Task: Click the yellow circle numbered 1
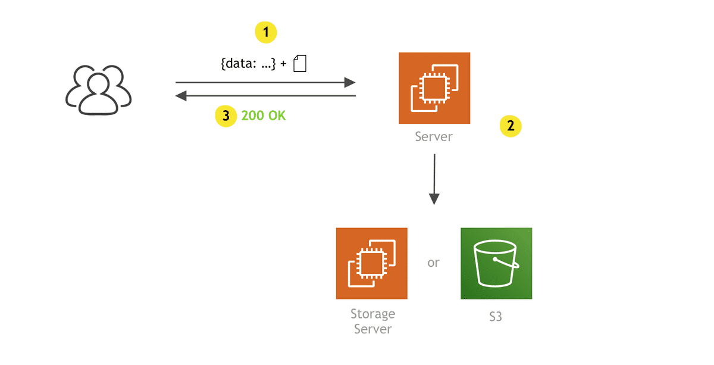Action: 266,32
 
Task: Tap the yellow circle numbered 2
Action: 511,126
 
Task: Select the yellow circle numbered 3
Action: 226,116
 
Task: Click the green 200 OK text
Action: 264,116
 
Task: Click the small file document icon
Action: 300,63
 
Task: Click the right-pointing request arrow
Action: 265,83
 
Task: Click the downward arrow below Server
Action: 434,179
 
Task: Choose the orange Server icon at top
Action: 434,88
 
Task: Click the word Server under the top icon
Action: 434,137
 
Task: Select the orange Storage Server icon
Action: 372,263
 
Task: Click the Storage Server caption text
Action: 372,321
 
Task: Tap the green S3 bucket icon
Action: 496,263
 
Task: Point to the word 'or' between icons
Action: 433,263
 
